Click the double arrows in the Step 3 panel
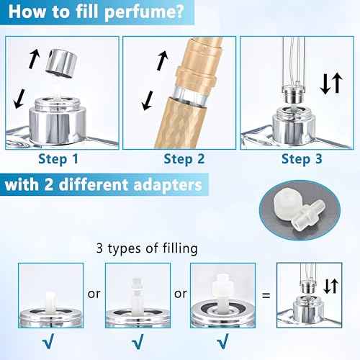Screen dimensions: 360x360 coord(330,84)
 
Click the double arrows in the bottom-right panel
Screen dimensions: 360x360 coord(331,286)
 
